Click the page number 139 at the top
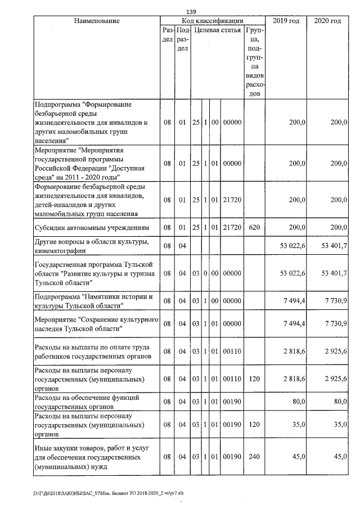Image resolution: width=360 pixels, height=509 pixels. pos(191,11)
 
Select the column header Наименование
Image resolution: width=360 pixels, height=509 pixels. pos(97,21)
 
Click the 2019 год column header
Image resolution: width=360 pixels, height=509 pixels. pos(286,21)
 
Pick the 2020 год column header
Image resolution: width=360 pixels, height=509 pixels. pos(327,21)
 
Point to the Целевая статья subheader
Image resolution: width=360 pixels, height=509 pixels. pos(217,30)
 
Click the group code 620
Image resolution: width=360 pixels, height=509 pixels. pos(254,227)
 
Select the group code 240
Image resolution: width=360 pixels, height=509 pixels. pos(254,457)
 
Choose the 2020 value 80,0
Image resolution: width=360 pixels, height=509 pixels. pos(337,402)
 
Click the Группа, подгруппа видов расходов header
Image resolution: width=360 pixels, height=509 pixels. pos(254,62)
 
